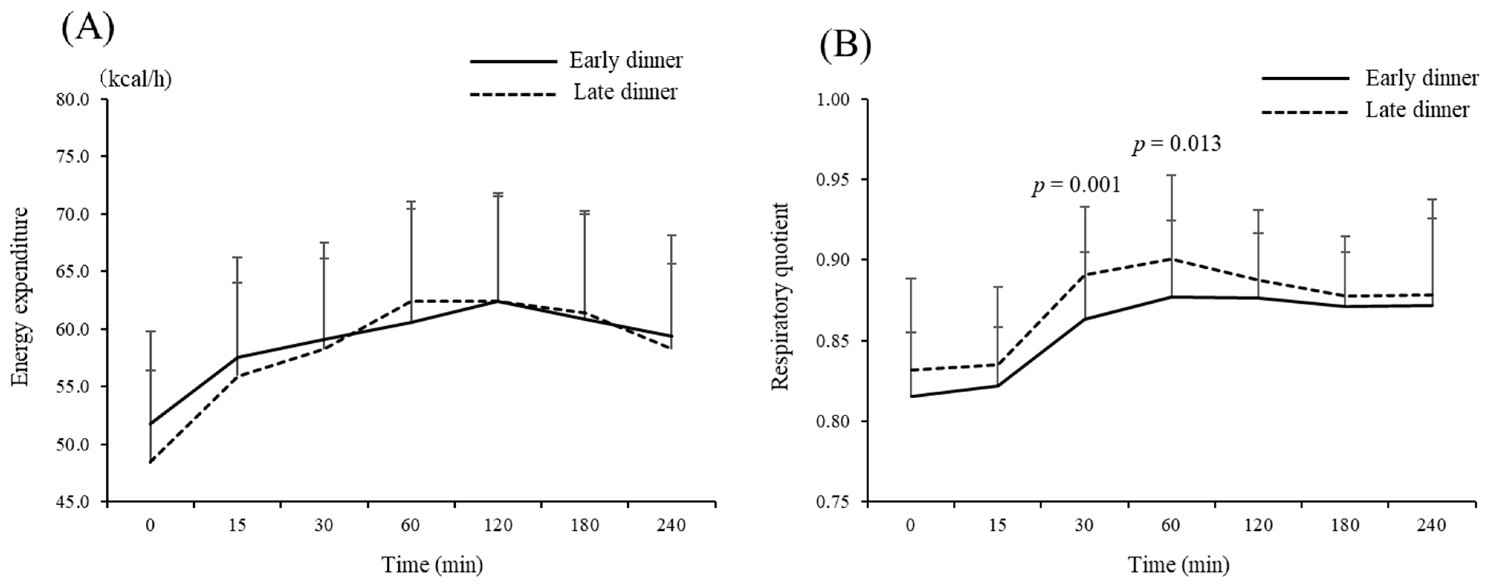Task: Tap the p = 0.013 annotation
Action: [x=1177, y=145]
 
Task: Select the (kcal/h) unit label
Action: [x=135, y=80]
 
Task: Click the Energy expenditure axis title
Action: [x=21, y=296]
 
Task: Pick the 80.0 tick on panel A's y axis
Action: [x=74, y=100]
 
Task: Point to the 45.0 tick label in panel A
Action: [x=74, y=502]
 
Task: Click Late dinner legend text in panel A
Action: [x=625, y=92]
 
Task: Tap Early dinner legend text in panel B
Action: [x=1422, y=78]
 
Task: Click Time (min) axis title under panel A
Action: [x=432, y=564]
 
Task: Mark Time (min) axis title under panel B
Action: [x=1178, y=564]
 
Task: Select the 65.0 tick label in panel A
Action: [x=74, y=272]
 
